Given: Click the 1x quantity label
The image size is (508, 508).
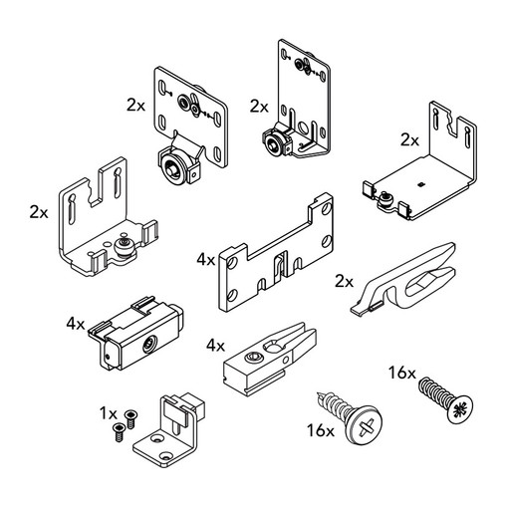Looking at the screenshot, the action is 109,413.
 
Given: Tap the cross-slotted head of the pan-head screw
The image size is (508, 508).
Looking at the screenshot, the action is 365,424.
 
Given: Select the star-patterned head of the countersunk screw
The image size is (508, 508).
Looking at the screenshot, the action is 460,409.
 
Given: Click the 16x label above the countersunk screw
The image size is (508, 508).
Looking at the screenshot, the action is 402,373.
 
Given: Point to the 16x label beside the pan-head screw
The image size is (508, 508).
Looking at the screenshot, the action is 321,430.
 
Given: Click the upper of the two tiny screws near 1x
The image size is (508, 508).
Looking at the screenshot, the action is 129,419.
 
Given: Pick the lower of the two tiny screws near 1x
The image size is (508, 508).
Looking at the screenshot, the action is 119,432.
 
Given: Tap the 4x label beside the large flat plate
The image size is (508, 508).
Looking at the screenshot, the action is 206,260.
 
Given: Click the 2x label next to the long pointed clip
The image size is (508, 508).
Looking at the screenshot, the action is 345,282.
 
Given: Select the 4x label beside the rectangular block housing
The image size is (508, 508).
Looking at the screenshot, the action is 76,324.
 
